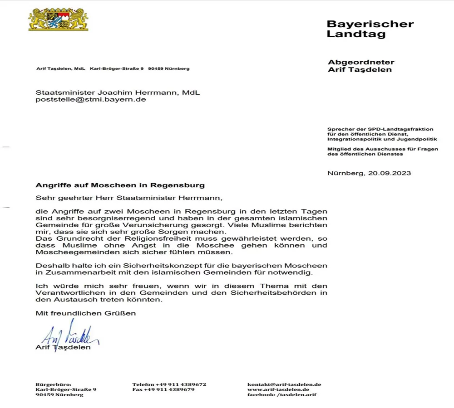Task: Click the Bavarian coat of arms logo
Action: [x=58, y=19]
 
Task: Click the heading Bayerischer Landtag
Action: [x=370, y=29]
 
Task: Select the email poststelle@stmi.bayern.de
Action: [x=91, y=100]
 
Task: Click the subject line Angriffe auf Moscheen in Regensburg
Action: [x=120, y=185]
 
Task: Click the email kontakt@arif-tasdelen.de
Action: [x=284, y=384]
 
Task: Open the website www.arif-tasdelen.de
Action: [x=278, y=389]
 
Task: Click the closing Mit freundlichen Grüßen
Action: [x=86, y=313]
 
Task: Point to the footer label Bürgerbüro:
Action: [x=54, y=384]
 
